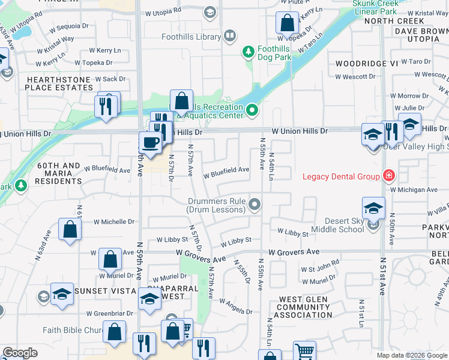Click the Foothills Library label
[x=191, y=37]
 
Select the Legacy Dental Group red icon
[x=389, y=176]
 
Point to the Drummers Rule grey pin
[x=255, y=205]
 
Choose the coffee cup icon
[x=149, y=143]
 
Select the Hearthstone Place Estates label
[x=59, y=83]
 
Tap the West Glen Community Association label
[x=309, y=307]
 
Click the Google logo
[x=19, y=353]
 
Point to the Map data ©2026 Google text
[x=411, y=355]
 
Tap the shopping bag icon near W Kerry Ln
[x=288, y=23]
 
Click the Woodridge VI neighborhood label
[x=358, y=63]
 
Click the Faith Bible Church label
[x=71, y=330]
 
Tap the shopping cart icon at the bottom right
[x=304, y=352]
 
